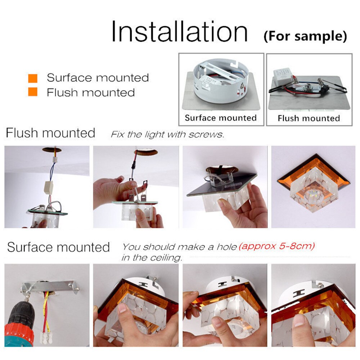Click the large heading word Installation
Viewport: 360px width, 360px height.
pos(180,31)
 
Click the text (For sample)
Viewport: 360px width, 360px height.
pos(305,36)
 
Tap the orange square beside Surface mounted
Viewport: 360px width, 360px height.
pos(33,78)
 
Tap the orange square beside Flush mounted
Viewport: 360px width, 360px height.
pos(33,91)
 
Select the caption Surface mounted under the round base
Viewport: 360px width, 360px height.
pos(221,118)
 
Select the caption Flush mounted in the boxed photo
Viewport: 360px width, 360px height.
pos(309,118)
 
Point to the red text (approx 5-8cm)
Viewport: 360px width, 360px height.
pos(276,247)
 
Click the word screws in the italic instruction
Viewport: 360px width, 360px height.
pos(206,135)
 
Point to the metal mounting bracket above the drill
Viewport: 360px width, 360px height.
pos(50,287)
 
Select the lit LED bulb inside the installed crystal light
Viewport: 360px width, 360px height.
pos(313,194)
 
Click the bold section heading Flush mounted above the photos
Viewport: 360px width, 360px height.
pos(50,133)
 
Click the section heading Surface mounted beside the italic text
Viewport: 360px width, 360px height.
pos(58,247)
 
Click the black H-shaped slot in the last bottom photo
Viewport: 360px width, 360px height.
pos(299,293)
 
